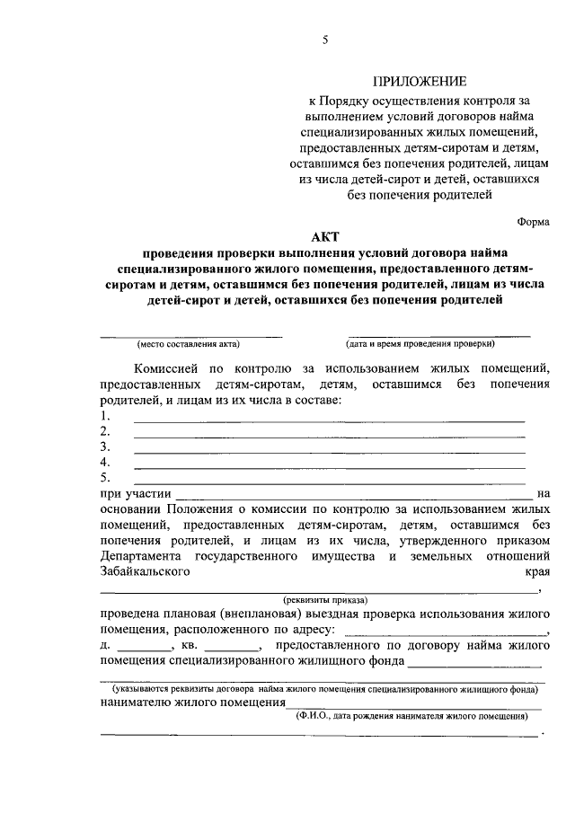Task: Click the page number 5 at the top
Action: (327, 39)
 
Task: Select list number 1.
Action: (105, 416)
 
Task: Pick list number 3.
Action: (105, 446)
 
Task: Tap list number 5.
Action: (105, 477)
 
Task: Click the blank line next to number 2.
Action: (329, 437)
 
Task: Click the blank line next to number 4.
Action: (329, 467)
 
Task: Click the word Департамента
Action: (146, 557)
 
